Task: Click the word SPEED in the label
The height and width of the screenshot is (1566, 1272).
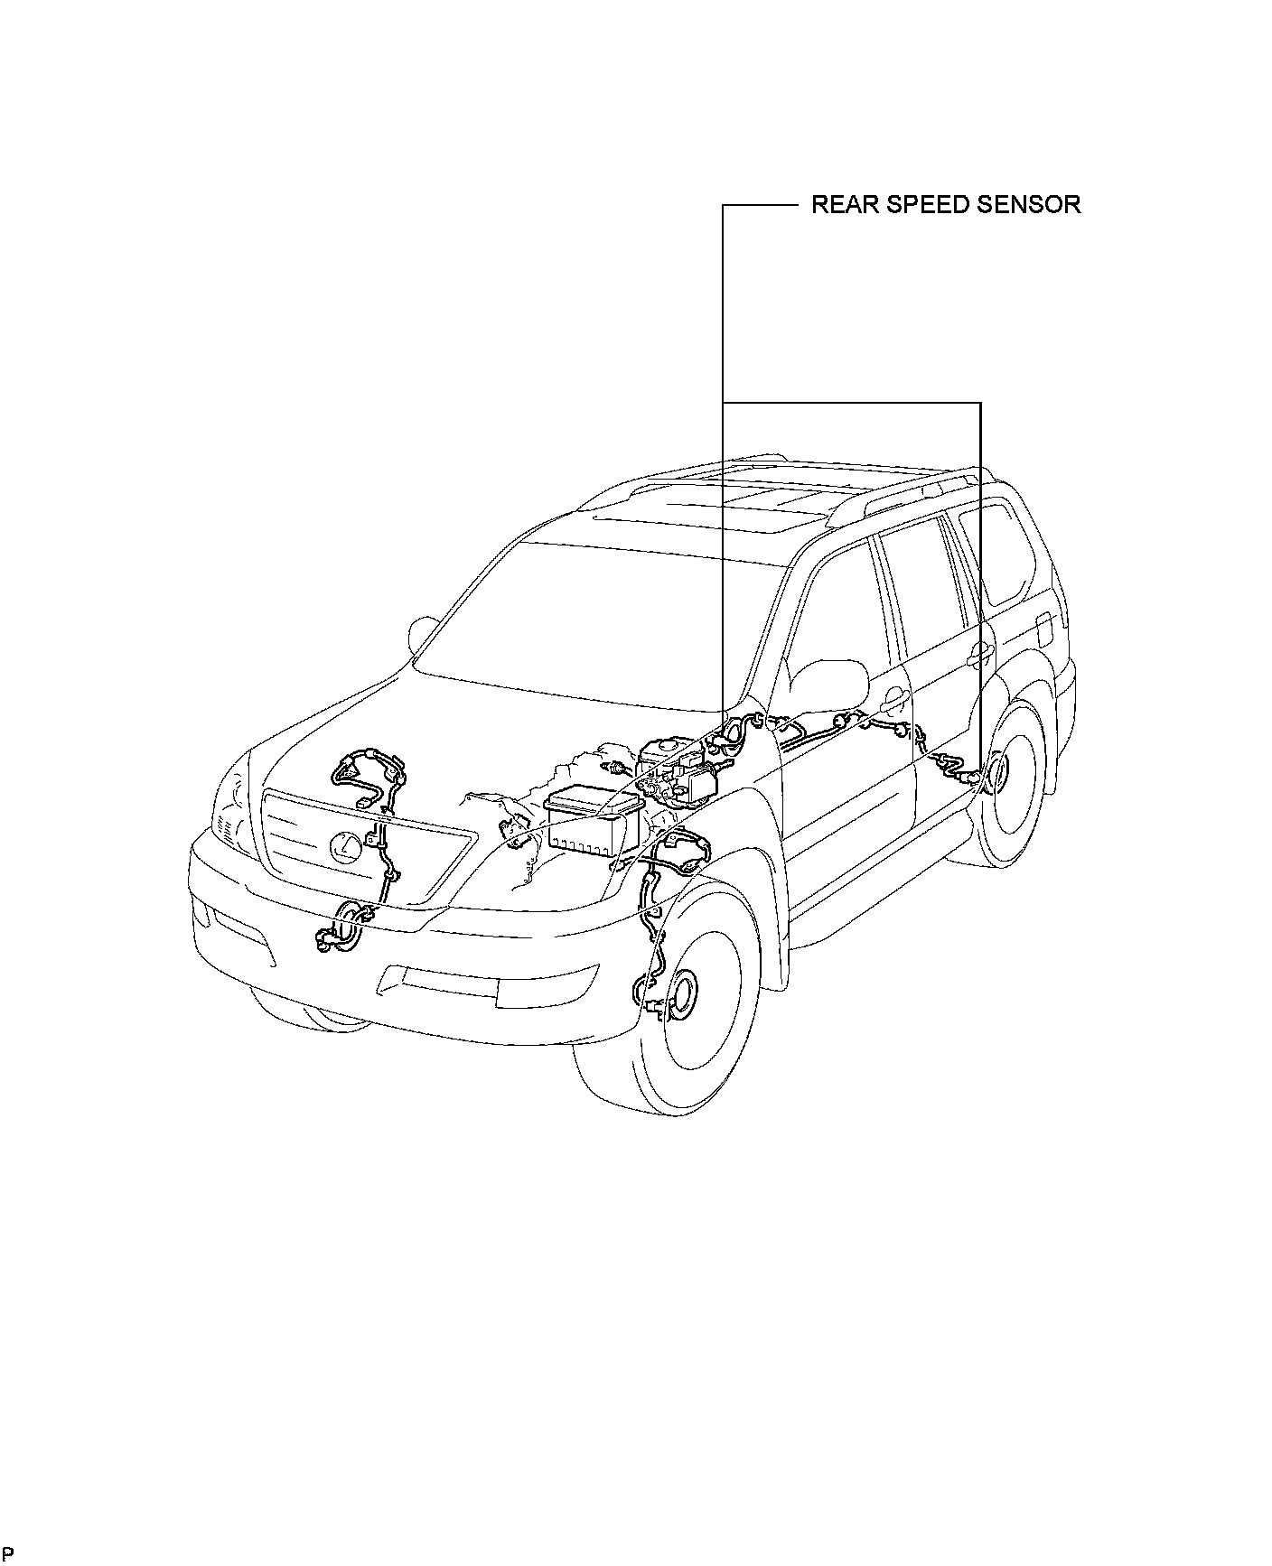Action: point(914,204)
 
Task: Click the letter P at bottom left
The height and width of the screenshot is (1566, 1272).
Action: point(7,1552)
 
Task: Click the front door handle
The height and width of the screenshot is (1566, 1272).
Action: point(893,696)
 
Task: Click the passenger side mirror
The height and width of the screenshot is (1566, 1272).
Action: point(422,633)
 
